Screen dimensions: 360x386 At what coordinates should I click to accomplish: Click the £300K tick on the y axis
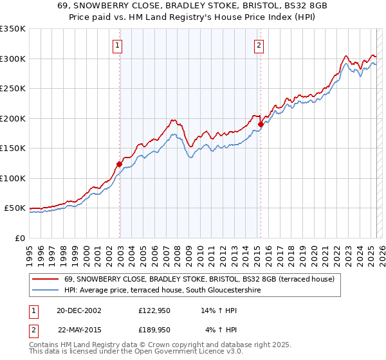pyautogui.click(x=13, y=59)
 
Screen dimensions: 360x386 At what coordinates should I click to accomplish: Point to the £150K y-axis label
pyautogui.click(x=13, y=148)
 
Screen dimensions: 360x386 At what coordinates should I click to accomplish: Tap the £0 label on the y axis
pyautogui.click(x=20, y=238)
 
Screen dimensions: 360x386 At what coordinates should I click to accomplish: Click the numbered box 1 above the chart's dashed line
pyautogui.click(x=119, y=45)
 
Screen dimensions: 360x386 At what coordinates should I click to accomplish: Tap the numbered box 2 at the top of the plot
pyautogui.click(x=259, y=45)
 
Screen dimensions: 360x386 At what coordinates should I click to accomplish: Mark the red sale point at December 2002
pyautogui.click(x=119, y=164)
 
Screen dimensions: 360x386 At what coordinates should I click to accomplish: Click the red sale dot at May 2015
pyautogui.click(x=261, y=124)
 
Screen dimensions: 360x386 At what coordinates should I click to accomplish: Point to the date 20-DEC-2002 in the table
pyautogui.click(x=78, y=310)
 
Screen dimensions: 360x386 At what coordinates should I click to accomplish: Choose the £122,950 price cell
pyautogui.click(x=154, y=310)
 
